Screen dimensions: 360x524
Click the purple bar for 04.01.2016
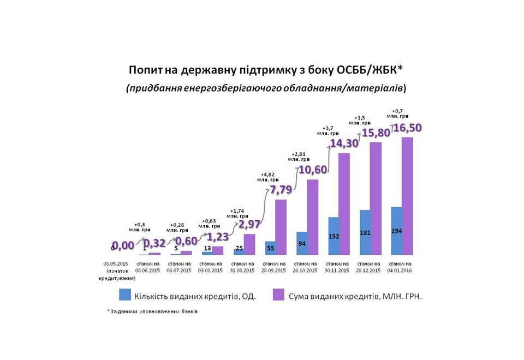(x=408, y=196)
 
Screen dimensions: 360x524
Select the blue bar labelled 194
(x=396, y=231)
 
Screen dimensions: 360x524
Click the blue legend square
(x=124, y=295)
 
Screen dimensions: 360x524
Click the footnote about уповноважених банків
(x=152, y=311)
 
